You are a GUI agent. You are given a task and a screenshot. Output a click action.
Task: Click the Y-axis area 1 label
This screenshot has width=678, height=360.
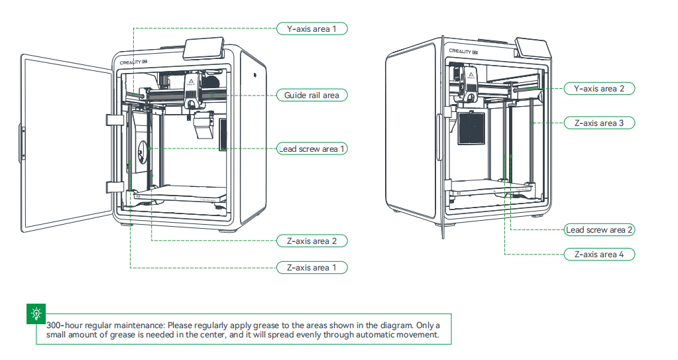[311, 29]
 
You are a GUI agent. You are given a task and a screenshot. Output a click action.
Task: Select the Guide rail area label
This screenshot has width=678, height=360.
[311, 95]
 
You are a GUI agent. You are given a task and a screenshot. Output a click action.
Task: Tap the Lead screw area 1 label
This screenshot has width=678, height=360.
[311, 149]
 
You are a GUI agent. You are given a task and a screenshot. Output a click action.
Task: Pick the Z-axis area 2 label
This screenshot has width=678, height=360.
[311, 241]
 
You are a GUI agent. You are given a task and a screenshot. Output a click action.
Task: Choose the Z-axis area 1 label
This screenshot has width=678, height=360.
[311, 268]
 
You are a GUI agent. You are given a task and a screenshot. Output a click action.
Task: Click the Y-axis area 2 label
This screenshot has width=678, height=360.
[598, 88]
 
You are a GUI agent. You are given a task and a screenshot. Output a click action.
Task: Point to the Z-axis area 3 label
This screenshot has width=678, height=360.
[598, 123]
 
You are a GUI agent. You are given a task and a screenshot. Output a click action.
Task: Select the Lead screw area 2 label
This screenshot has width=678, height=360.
[598, 230]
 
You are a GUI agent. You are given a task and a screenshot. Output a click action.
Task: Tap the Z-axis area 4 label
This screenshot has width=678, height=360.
[598, 255]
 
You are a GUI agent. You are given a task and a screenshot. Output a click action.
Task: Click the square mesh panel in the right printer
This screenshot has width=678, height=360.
[472, 127]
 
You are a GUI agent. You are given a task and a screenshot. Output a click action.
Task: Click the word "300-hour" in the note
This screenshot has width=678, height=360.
[65, 326]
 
